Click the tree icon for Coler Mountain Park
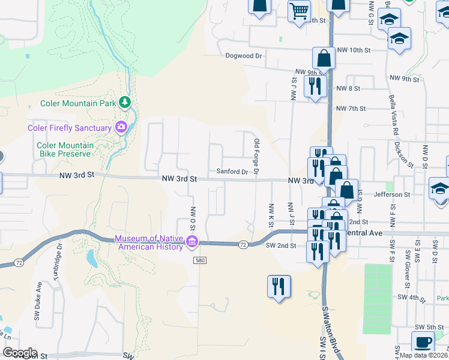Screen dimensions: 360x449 click(x=124, y=103)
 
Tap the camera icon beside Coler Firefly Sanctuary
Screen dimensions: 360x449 click(x=121, y=127)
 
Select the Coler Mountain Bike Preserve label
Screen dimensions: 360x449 click(x=65, y=149)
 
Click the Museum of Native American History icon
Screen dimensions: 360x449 click(x=192, y=242)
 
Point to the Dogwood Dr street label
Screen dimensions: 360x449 click(x=244, y=56)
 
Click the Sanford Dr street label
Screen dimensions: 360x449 click(x=232, y=172)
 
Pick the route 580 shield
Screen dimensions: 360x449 click(x=200, y=260)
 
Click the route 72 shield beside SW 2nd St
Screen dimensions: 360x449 click(x=243, y=245)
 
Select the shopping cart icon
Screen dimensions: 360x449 click(x=299, y=11)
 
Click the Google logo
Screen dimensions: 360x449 click(x=19, y=353)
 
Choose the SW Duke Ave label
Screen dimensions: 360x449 click(x=38, y=298)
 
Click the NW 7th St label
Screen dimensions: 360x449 click(x=351, y=109)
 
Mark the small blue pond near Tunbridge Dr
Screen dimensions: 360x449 click(x=91, y=258)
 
